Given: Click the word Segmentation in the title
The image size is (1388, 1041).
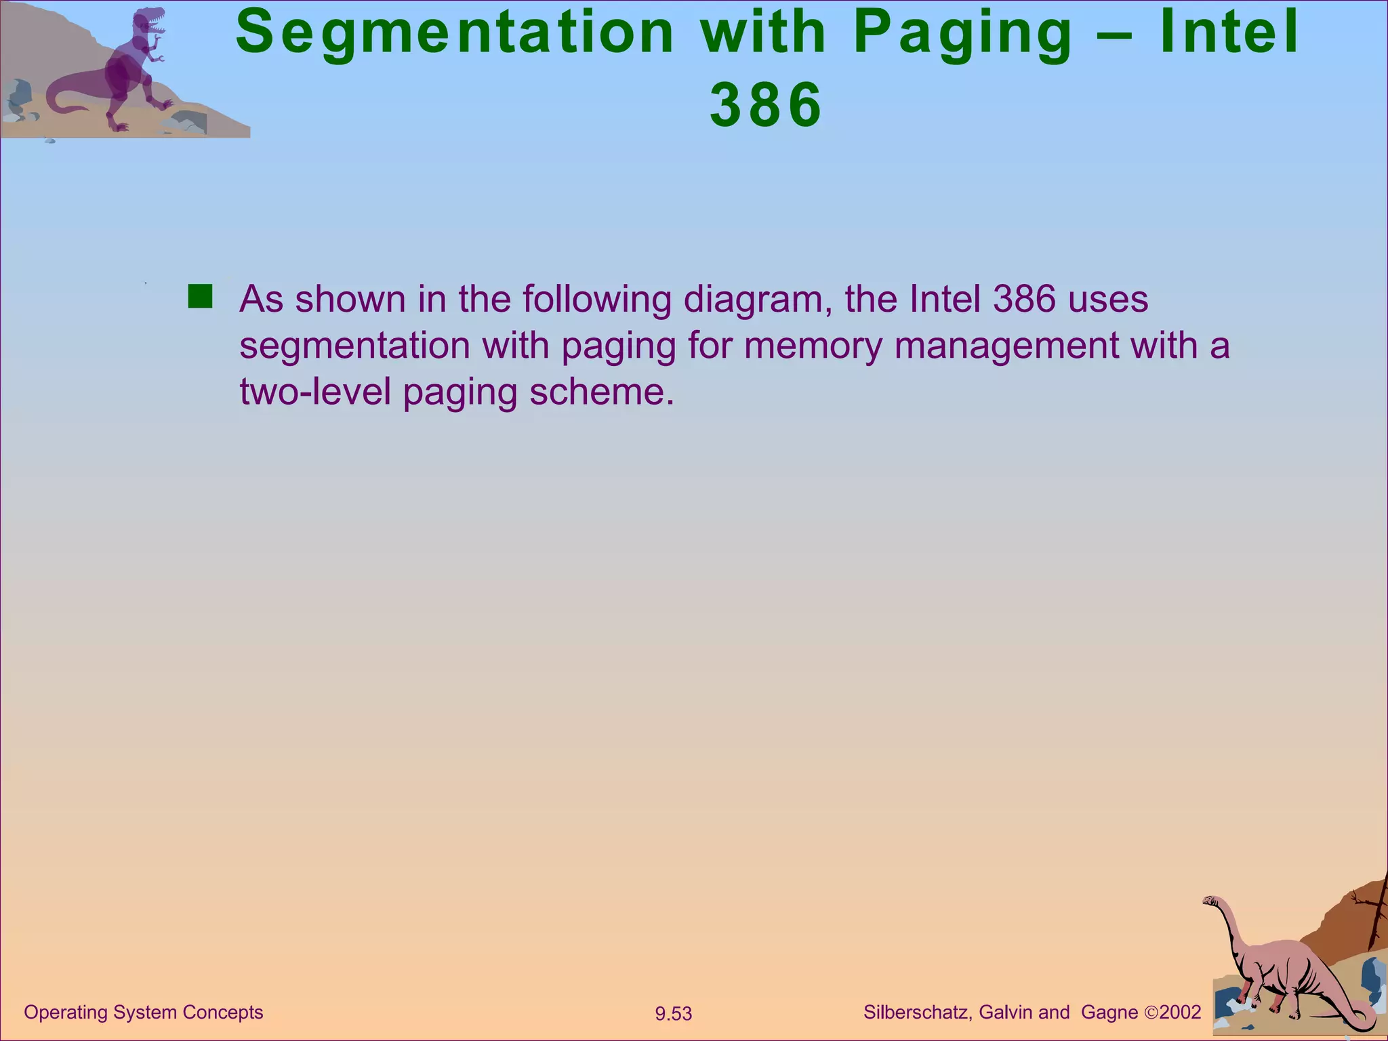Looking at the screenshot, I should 455,33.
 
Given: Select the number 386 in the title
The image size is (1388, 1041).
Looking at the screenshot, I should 766,105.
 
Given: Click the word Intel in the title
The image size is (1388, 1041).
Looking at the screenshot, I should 1229,32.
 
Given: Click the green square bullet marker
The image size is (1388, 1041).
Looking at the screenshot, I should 200,297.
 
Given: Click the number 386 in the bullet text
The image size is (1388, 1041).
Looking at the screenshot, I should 1024,299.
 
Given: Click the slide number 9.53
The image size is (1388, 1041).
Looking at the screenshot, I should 673,1014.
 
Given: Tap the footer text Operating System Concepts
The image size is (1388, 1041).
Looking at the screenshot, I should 143,1012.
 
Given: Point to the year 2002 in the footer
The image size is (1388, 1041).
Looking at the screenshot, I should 1180,1013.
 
